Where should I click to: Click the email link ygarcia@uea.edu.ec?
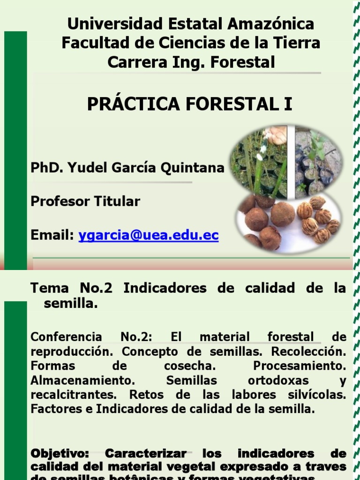click(x=148, y=236)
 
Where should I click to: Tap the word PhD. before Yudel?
click(x=46, y=168)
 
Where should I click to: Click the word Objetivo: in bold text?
click(x=61, y=454)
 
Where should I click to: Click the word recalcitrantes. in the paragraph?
click(x=67, y=395)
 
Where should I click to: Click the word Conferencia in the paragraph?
click(x=66, y=337)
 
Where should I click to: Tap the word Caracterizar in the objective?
click(x=145, y=454)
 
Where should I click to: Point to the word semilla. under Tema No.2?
click(x=70, y=303)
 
